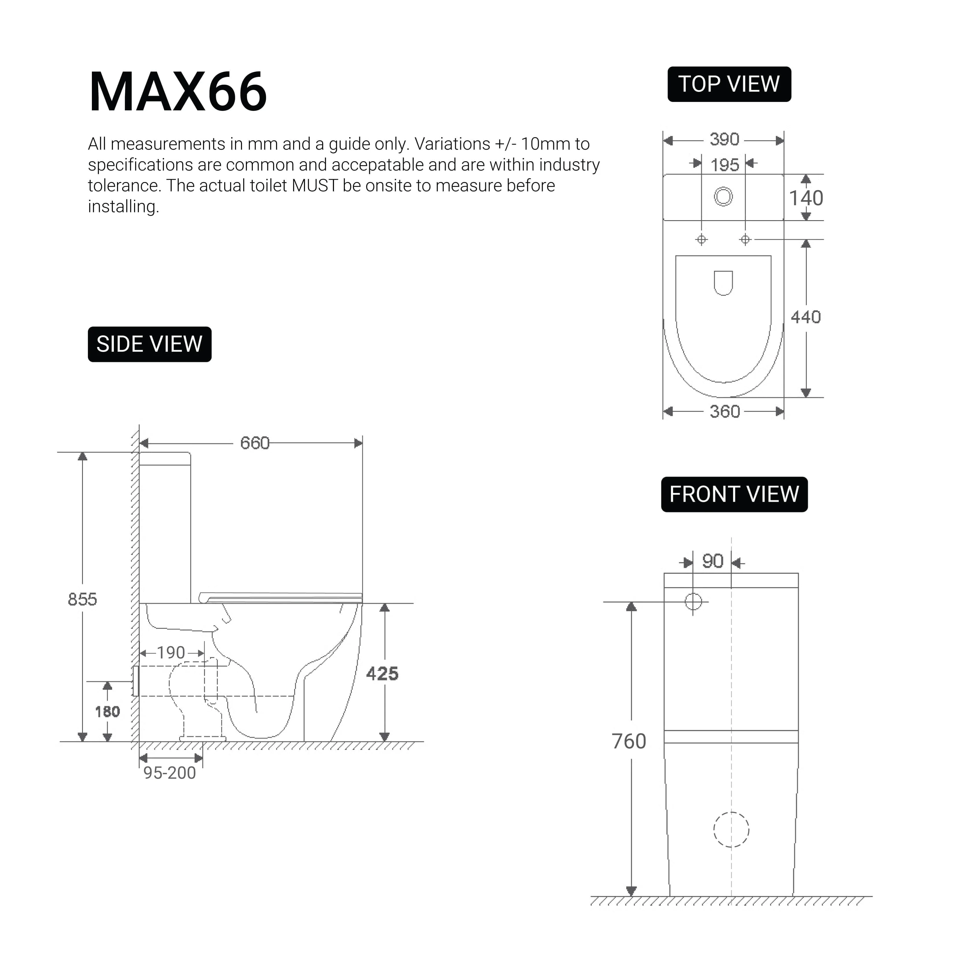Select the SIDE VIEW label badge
[150, 344]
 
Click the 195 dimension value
[724, 165]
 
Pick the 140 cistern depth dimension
[806, 198]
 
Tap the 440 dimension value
[806, 317]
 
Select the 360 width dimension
[724, 412]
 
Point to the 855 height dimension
[82, 599]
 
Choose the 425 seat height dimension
[382, 674]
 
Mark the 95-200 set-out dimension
[170, 773]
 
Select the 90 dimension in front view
[712, 561]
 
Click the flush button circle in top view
[723, 196]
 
